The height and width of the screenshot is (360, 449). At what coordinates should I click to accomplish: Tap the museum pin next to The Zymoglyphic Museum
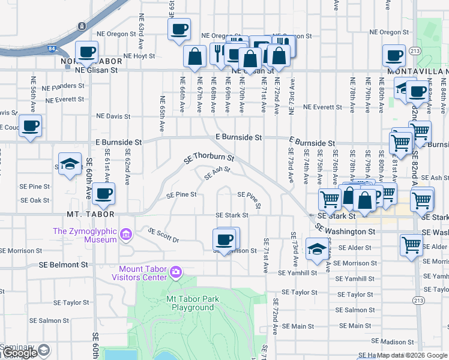point(126,234)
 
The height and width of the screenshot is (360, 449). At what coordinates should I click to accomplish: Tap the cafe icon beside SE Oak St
point(104,193)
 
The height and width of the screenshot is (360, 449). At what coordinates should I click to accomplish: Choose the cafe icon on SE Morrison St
point(224,239)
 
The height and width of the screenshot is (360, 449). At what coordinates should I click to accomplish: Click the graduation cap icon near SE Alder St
point(316,250)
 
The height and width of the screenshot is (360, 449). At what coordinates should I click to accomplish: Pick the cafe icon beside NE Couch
point(30,126)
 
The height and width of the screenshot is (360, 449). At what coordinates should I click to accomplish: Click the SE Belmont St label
point(63,264)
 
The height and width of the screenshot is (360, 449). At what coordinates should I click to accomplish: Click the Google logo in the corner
point(19,353)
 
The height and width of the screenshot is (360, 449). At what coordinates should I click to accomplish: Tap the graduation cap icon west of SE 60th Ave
point(70,164)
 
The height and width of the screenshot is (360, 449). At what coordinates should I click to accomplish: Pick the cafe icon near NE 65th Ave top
point(179,29)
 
